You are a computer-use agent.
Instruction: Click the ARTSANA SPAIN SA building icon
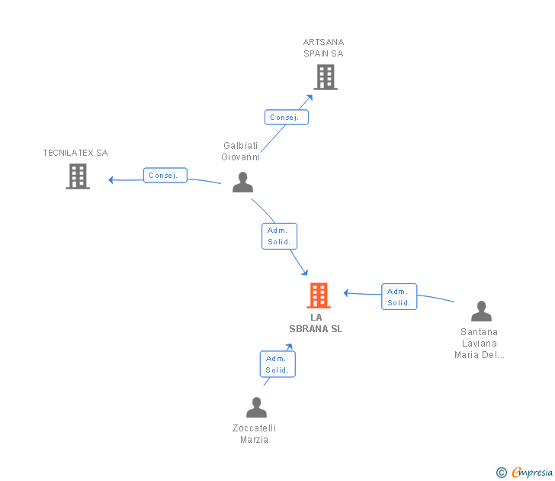pyautogui.click(x=326, y=77)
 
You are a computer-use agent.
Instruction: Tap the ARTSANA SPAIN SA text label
pyautogui.click(x=323, y=48)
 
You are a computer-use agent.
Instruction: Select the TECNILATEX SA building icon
pyautogui.click(x=78, y=176)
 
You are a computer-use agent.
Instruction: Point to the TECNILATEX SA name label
pyautogui.click(x=75, y=153)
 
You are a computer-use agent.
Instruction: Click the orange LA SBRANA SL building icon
pyautogui.click(x=319, y=295)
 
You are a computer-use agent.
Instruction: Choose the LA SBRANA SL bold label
pyautogui.click(x=316, y=323)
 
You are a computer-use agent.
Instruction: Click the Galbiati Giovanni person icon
pyautogui.click(x=242, y=182)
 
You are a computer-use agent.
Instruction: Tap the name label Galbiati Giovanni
pyautogui.click(x=241, y=151)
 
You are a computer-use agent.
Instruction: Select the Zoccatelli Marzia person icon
pyautogui.click(x=256, y=408)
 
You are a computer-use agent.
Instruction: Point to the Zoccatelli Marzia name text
pyautogui.click(x=255, y=434)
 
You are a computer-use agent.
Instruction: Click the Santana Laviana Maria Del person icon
pyautogui.click(x=481, y=312)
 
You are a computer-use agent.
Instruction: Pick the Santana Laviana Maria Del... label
pyautogui.click(x=480, y=343)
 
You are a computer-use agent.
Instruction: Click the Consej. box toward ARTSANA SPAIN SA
pyautogui.click(x=287, y=118)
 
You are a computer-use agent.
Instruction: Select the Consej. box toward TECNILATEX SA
pyautogui.click(x=165, y=175)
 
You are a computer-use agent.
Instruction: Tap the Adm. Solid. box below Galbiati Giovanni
pyautogui.click(x=279, y=236)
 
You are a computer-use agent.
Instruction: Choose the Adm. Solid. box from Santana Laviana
pyautogui.click(x=399, y=296)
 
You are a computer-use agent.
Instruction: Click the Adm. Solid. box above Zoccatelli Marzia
pyautogui.click(x=277, y=364)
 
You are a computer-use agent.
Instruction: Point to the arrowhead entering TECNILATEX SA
pyautogui.click(x=111, y=180)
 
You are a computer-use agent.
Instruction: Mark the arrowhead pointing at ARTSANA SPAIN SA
pyautogui.click(x=310, y=97)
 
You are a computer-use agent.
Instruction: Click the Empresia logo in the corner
pyautogui.click(x=525, y=473)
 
